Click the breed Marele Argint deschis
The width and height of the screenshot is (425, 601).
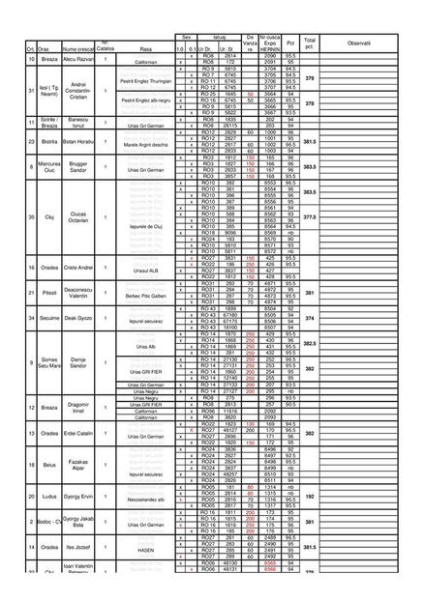point(146,145)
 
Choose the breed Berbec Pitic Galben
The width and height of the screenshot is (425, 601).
point(146,294)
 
